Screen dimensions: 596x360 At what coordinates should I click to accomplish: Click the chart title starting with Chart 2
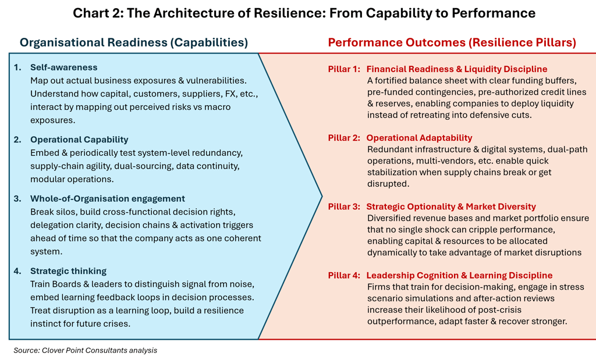pos(298,13)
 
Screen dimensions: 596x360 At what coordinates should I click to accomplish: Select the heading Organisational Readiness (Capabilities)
pos(134,42)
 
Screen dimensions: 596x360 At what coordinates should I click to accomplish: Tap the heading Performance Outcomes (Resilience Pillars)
pos(452,42)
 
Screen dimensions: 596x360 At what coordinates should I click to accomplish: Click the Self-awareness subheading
pos(64,67)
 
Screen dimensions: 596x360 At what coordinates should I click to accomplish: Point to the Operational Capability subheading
pos(79,140)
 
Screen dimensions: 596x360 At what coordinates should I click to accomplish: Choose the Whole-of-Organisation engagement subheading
pos(108,198)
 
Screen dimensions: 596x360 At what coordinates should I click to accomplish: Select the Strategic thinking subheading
pos(68,270)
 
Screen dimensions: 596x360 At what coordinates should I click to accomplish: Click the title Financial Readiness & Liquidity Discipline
pos(457,69)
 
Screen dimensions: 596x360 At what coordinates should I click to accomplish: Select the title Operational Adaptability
pos(419,138)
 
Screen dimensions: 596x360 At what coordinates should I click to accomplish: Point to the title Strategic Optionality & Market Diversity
pos(451,206)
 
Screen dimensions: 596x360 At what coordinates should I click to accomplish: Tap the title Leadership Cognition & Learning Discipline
pos(459,275)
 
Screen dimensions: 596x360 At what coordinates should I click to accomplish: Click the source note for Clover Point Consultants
pos(86,350)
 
